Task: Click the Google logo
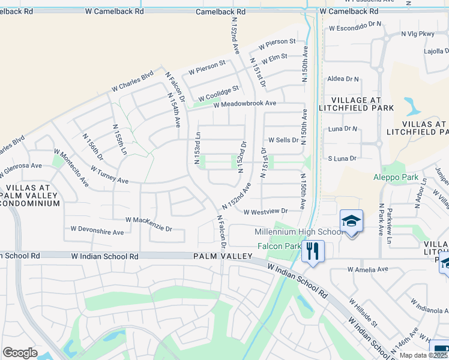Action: tap(20, 353)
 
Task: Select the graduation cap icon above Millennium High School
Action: tap(351, 221)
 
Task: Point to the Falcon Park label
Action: tap(279, 246)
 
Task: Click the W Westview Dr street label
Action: tap(266, 211)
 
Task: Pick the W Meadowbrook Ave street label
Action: tap(244, 103)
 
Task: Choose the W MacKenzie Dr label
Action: tap(148, 224)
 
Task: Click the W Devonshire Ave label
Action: tap(97, 230)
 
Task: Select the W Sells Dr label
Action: tap(283, 140)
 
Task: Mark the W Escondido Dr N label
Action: tap(355, 25)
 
